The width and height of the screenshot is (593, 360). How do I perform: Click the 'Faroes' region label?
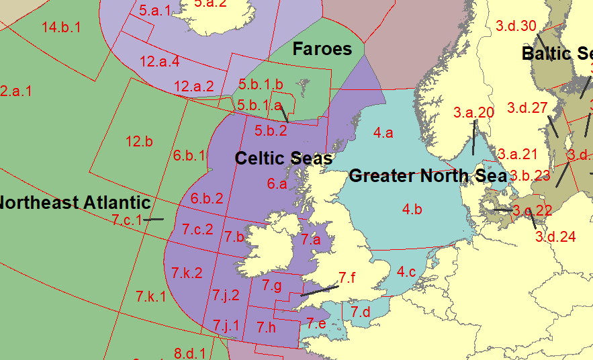[x=322, y=49]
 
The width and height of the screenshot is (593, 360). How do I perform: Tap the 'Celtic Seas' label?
[x=283, y=159]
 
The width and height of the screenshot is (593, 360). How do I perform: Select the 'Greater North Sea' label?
[x=428, y=177]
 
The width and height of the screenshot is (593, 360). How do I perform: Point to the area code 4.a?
[x=383, y=133]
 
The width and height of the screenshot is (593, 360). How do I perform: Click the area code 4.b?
[x=412, y=210]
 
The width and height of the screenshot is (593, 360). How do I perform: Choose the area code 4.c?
[x=406, y=272]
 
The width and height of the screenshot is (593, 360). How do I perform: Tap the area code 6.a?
[x=277, y=183]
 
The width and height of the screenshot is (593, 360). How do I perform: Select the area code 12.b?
[x=139, y=142]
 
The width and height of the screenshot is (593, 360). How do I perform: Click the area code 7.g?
[x=272, y=285]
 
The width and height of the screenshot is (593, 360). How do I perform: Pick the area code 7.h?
[x=267, y=328]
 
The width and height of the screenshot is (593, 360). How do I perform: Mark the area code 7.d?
[x=361, y=312]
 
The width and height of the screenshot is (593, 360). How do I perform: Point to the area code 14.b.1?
[x=61, y=28]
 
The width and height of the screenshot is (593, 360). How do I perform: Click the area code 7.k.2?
[x=187, y=273]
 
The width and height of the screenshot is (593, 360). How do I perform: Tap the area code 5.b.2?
[x=271, y=130]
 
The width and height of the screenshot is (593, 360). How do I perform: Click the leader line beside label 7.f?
[x=320, y=290]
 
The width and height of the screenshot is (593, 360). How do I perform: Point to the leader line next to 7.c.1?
[x=154, y=219]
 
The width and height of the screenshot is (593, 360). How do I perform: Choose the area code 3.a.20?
[x=473, y=113]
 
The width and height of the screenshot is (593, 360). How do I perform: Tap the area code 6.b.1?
[x=189, y=156]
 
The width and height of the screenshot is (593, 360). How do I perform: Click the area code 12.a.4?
[x=160, y=62]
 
